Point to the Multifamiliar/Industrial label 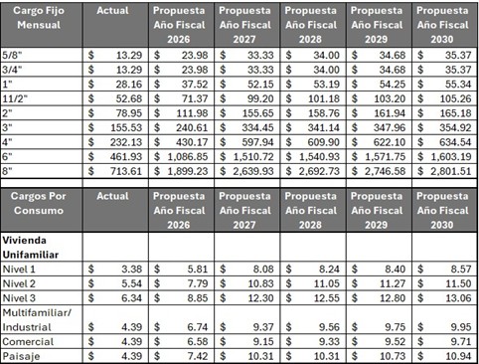[x=43, y=319]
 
